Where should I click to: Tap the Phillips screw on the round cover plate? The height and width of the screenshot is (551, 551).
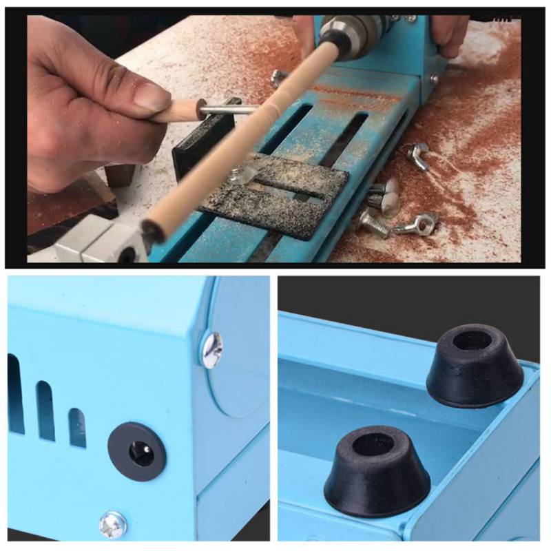click(x=212, y=351)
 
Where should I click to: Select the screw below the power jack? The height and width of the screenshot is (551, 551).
click(x=113, y=525)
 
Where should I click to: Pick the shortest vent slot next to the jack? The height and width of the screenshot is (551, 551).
click(x=77, y=427)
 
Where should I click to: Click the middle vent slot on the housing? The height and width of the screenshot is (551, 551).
click(x=45, y=410)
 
